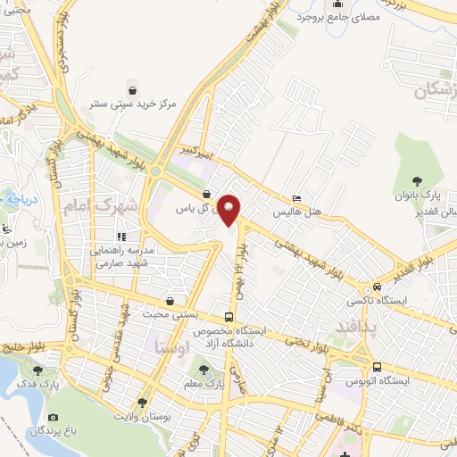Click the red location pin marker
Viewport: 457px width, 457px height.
228,210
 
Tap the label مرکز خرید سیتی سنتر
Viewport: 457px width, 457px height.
132,104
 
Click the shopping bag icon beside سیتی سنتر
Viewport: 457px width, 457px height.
133,90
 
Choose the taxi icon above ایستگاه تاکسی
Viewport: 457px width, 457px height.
378,287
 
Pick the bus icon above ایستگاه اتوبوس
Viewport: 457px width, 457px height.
377,367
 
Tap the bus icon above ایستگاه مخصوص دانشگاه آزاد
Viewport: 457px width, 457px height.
229,317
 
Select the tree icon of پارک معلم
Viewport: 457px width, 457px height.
204,370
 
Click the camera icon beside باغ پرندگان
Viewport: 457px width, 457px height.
54,418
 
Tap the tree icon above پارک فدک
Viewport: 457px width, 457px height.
37,370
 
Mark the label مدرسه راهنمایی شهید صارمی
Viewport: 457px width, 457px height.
120,256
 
